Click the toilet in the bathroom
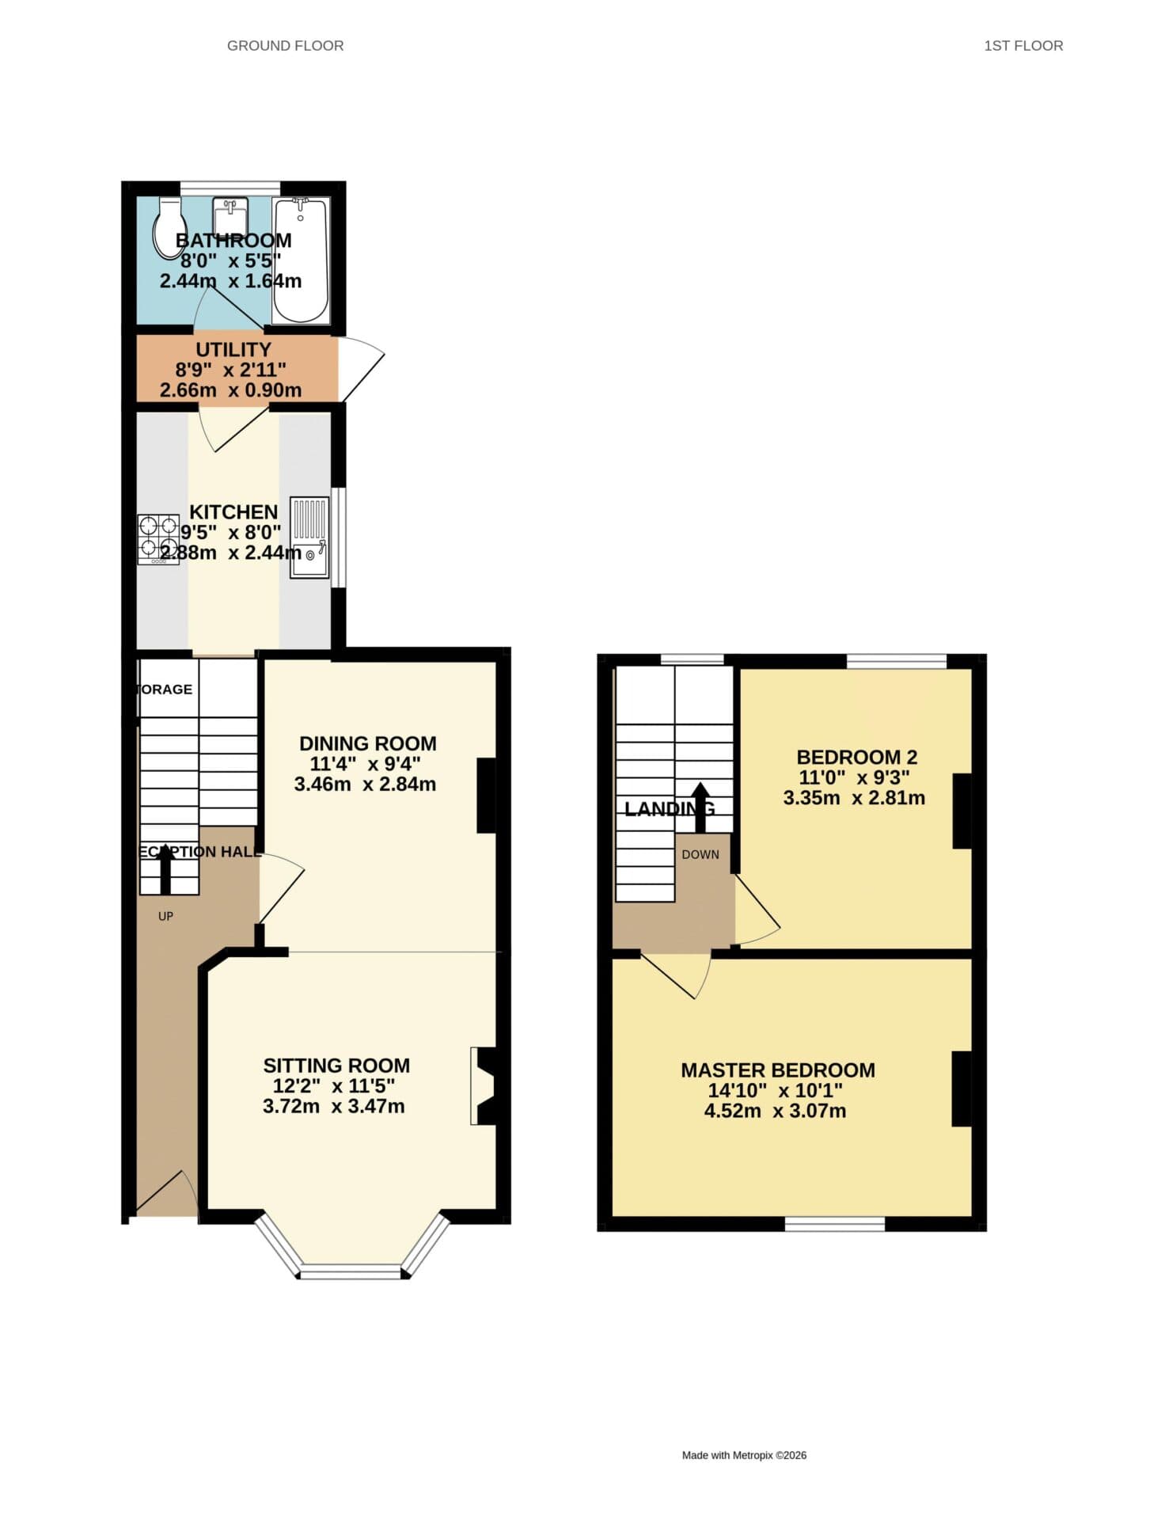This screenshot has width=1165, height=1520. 169,227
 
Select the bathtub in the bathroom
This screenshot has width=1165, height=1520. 301,261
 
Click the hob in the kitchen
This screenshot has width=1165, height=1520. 158,538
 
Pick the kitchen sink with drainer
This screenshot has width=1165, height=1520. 309,538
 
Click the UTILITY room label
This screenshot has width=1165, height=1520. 233,349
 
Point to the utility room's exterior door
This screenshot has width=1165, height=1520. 361,369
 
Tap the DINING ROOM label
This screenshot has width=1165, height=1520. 367,743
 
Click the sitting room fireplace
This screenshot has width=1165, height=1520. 484,1085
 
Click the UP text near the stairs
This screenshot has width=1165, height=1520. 165,916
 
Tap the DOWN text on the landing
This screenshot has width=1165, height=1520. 700,854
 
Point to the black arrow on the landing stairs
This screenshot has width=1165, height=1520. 700,807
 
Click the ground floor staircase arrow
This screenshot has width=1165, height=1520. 165,868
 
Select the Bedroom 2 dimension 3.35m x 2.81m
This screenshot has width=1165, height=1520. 854,798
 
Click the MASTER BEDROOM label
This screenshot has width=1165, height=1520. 777,1070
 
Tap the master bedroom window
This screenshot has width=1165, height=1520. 834,1224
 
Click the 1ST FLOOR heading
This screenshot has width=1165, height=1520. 1023,46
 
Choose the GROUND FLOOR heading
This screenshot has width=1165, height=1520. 285,46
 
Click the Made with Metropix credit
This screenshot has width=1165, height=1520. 744,1455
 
